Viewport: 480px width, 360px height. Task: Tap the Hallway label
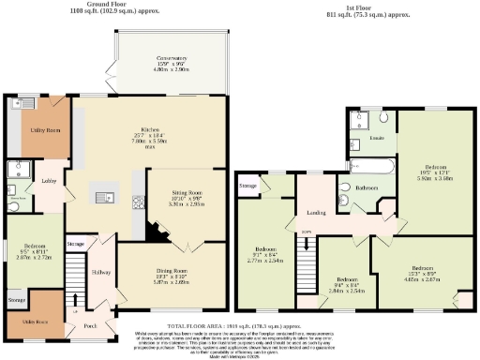(x=100, y=274)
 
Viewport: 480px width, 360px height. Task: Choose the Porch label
(x=91, y=326)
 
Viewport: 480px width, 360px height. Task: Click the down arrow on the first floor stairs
(x=306, y=246)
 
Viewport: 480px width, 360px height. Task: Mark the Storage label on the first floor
(x=247, y=187)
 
